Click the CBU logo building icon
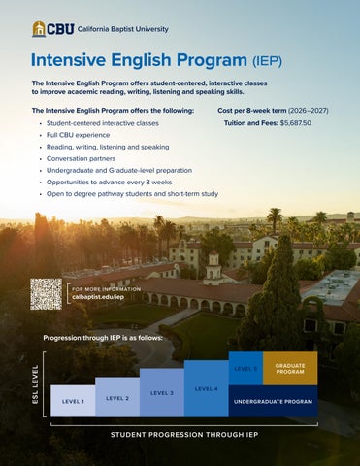(x=39, y=29)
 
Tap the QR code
(x=46, y=294)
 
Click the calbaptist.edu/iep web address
(x=98, y=297)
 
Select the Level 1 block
(x=73, y=401)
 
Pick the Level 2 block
(x=117, y=397)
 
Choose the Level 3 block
(x=162, y=392)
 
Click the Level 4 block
(x=207, y=388)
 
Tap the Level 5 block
(x=245, y=368)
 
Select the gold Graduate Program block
(x=290, y=368)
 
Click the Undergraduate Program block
(x=273, y=401)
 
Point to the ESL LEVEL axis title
(x=35, y=384)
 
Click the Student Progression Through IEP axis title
(x=184, y=435)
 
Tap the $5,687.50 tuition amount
(x=296, y=123)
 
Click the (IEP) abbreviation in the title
(x=267, y=61)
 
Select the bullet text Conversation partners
(x=81, y=158)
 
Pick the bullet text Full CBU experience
(x=78, y=135)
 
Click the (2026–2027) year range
(x=309, y=111)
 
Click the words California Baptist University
(x=123, y=29)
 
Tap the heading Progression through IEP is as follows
(x=103, y=338)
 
